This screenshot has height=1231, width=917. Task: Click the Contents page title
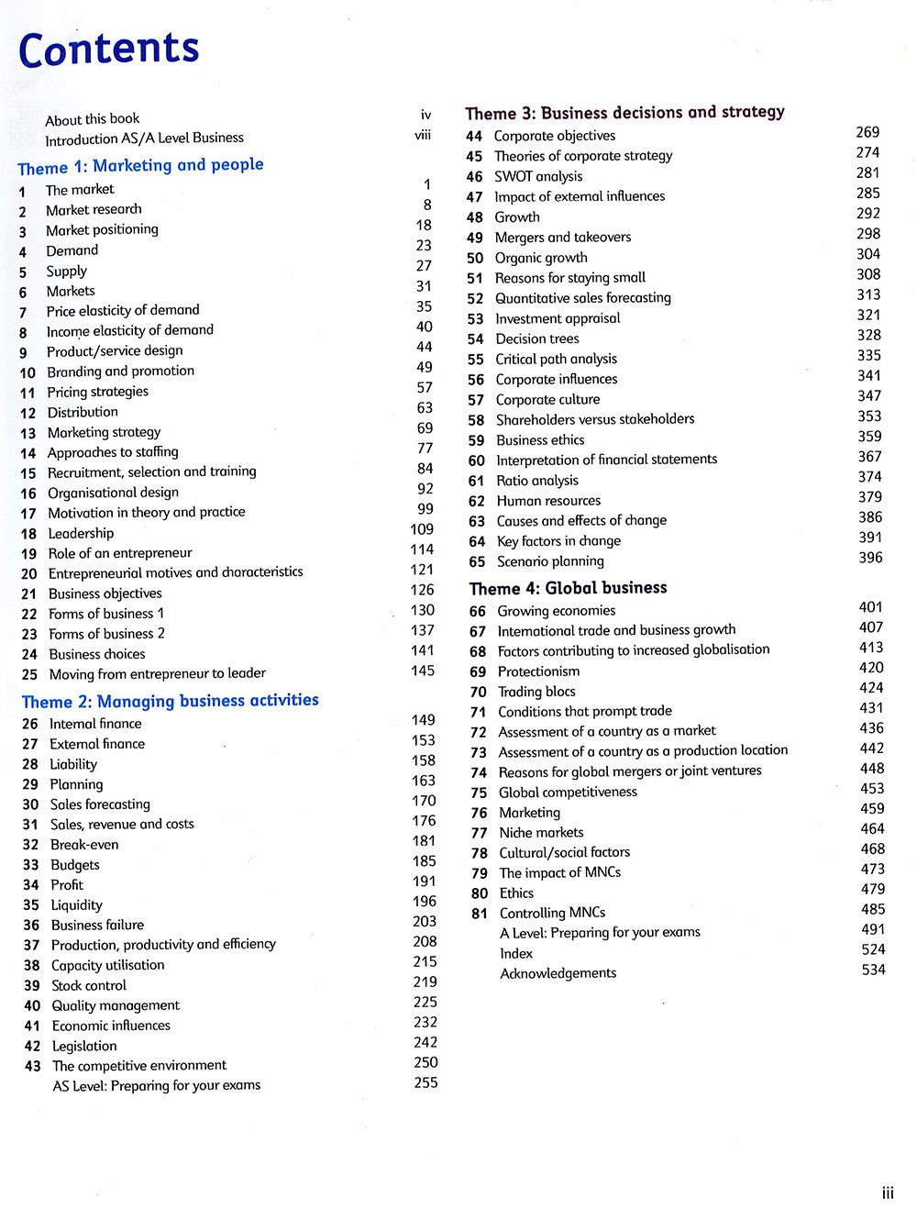[108, 50]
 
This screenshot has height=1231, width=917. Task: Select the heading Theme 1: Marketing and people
[140, 166]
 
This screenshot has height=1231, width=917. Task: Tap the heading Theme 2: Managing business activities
[171, 701]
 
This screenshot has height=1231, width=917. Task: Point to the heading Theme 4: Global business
[569, 588]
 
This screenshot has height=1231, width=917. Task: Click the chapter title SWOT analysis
[538, 176]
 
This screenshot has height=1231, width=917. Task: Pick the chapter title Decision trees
[537, 338]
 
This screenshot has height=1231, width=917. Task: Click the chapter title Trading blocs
[536, 692]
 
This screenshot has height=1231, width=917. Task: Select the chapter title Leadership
[81, 533]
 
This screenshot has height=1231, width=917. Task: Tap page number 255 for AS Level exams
[425, 1082]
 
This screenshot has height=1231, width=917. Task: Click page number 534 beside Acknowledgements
[873, 970]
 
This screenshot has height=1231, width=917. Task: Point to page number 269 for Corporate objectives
[867, 132]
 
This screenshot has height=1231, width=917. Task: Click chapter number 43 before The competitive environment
[33, 1066]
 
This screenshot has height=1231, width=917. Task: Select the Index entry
[516, 953]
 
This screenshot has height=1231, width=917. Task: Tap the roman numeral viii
[423, 135]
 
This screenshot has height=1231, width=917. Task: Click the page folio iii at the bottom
[887, 1192]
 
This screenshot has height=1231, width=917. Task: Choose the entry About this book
[93, 119]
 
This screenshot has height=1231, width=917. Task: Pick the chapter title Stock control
[89, 985]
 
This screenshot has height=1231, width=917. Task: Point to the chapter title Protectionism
[539, 671]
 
